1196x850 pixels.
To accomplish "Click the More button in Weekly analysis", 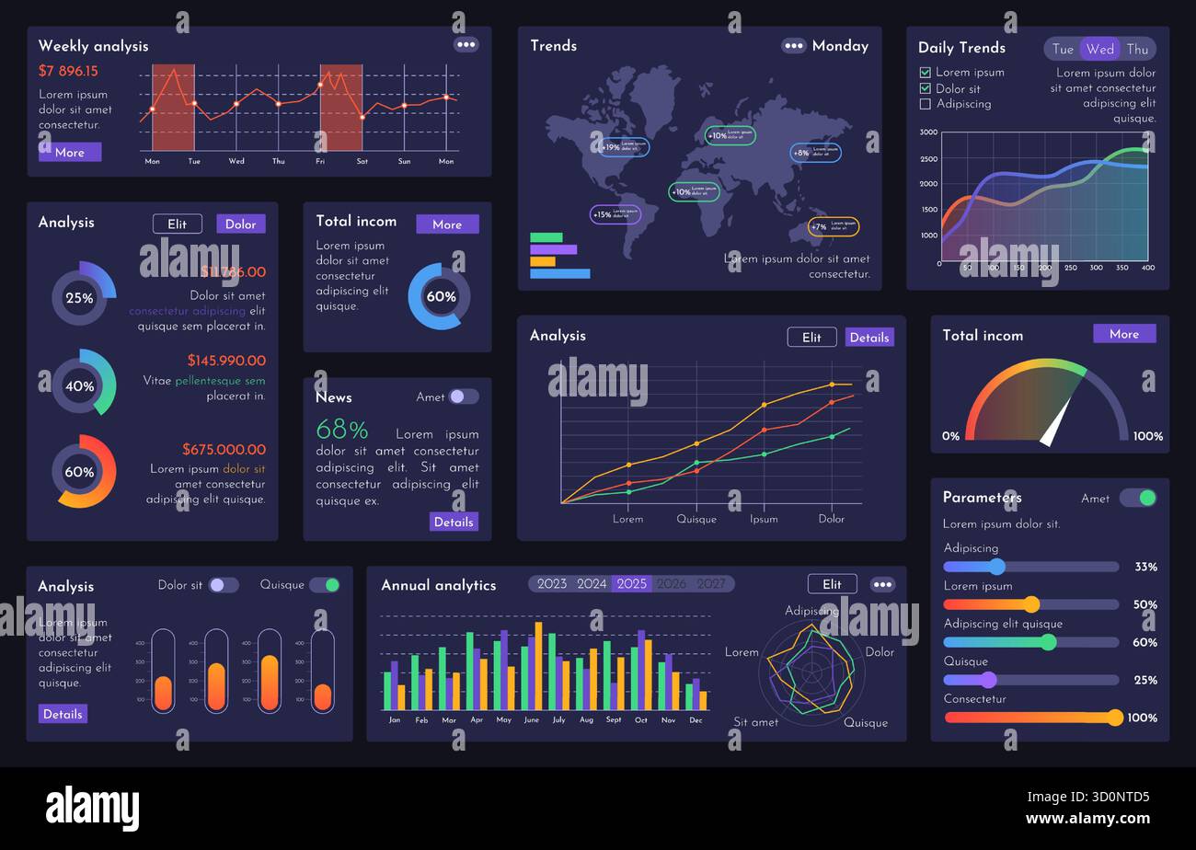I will coord(69,152).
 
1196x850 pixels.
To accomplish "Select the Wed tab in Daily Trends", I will coord(1099,49).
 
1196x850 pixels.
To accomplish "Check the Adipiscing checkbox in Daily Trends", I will coord(926,104).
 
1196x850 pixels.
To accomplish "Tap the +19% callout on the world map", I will coord(624,147).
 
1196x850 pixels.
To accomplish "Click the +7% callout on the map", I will coord(833,226).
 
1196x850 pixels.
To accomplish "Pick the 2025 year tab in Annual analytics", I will coord(631,584).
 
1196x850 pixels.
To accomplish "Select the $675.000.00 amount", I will coord(224,450).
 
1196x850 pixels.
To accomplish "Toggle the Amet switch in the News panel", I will coord(463,396).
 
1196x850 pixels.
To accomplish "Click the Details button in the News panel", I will coord(453,522).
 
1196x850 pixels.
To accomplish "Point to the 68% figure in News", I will coord(341,431).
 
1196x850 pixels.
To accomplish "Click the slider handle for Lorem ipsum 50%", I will coord(1031,604).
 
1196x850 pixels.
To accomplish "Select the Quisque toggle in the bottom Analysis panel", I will coord(324,585).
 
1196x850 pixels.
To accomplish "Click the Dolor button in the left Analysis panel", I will coord(240,224).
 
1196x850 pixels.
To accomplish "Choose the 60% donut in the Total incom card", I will coord(439,296).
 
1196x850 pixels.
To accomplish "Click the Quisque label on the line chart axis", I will coord(696,519).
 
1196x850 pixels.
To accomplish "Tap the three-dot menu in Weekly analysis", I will coord(466,44).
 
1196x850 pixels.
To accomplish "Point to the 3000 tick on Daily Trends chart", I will coord(928,132).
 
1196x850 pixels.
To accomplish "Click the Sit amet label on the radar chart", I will coord(755,722).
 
